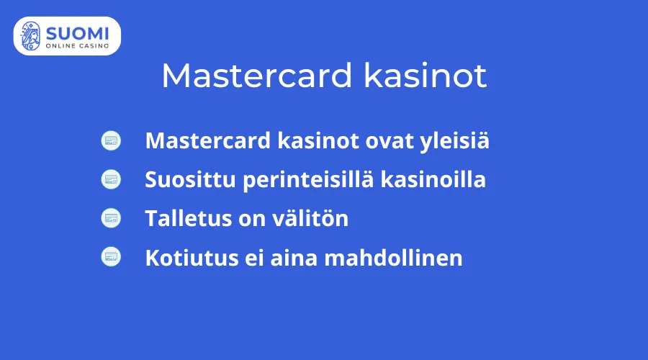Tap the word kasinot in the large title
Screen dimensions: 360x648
(426, 76)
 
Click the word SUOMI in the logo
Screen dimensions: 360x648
(78, 32)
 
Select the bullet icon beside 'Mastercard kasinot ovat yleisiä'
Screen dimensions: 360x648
(111, 141)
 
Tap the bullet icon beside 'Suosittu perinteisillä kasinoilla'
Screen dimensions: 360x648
(111, 179)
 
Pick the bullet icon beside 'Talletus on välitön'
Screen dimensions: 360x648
(111, 217)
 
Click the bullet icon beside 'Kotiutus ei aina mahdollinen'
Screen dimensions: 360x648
(111, 256)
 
